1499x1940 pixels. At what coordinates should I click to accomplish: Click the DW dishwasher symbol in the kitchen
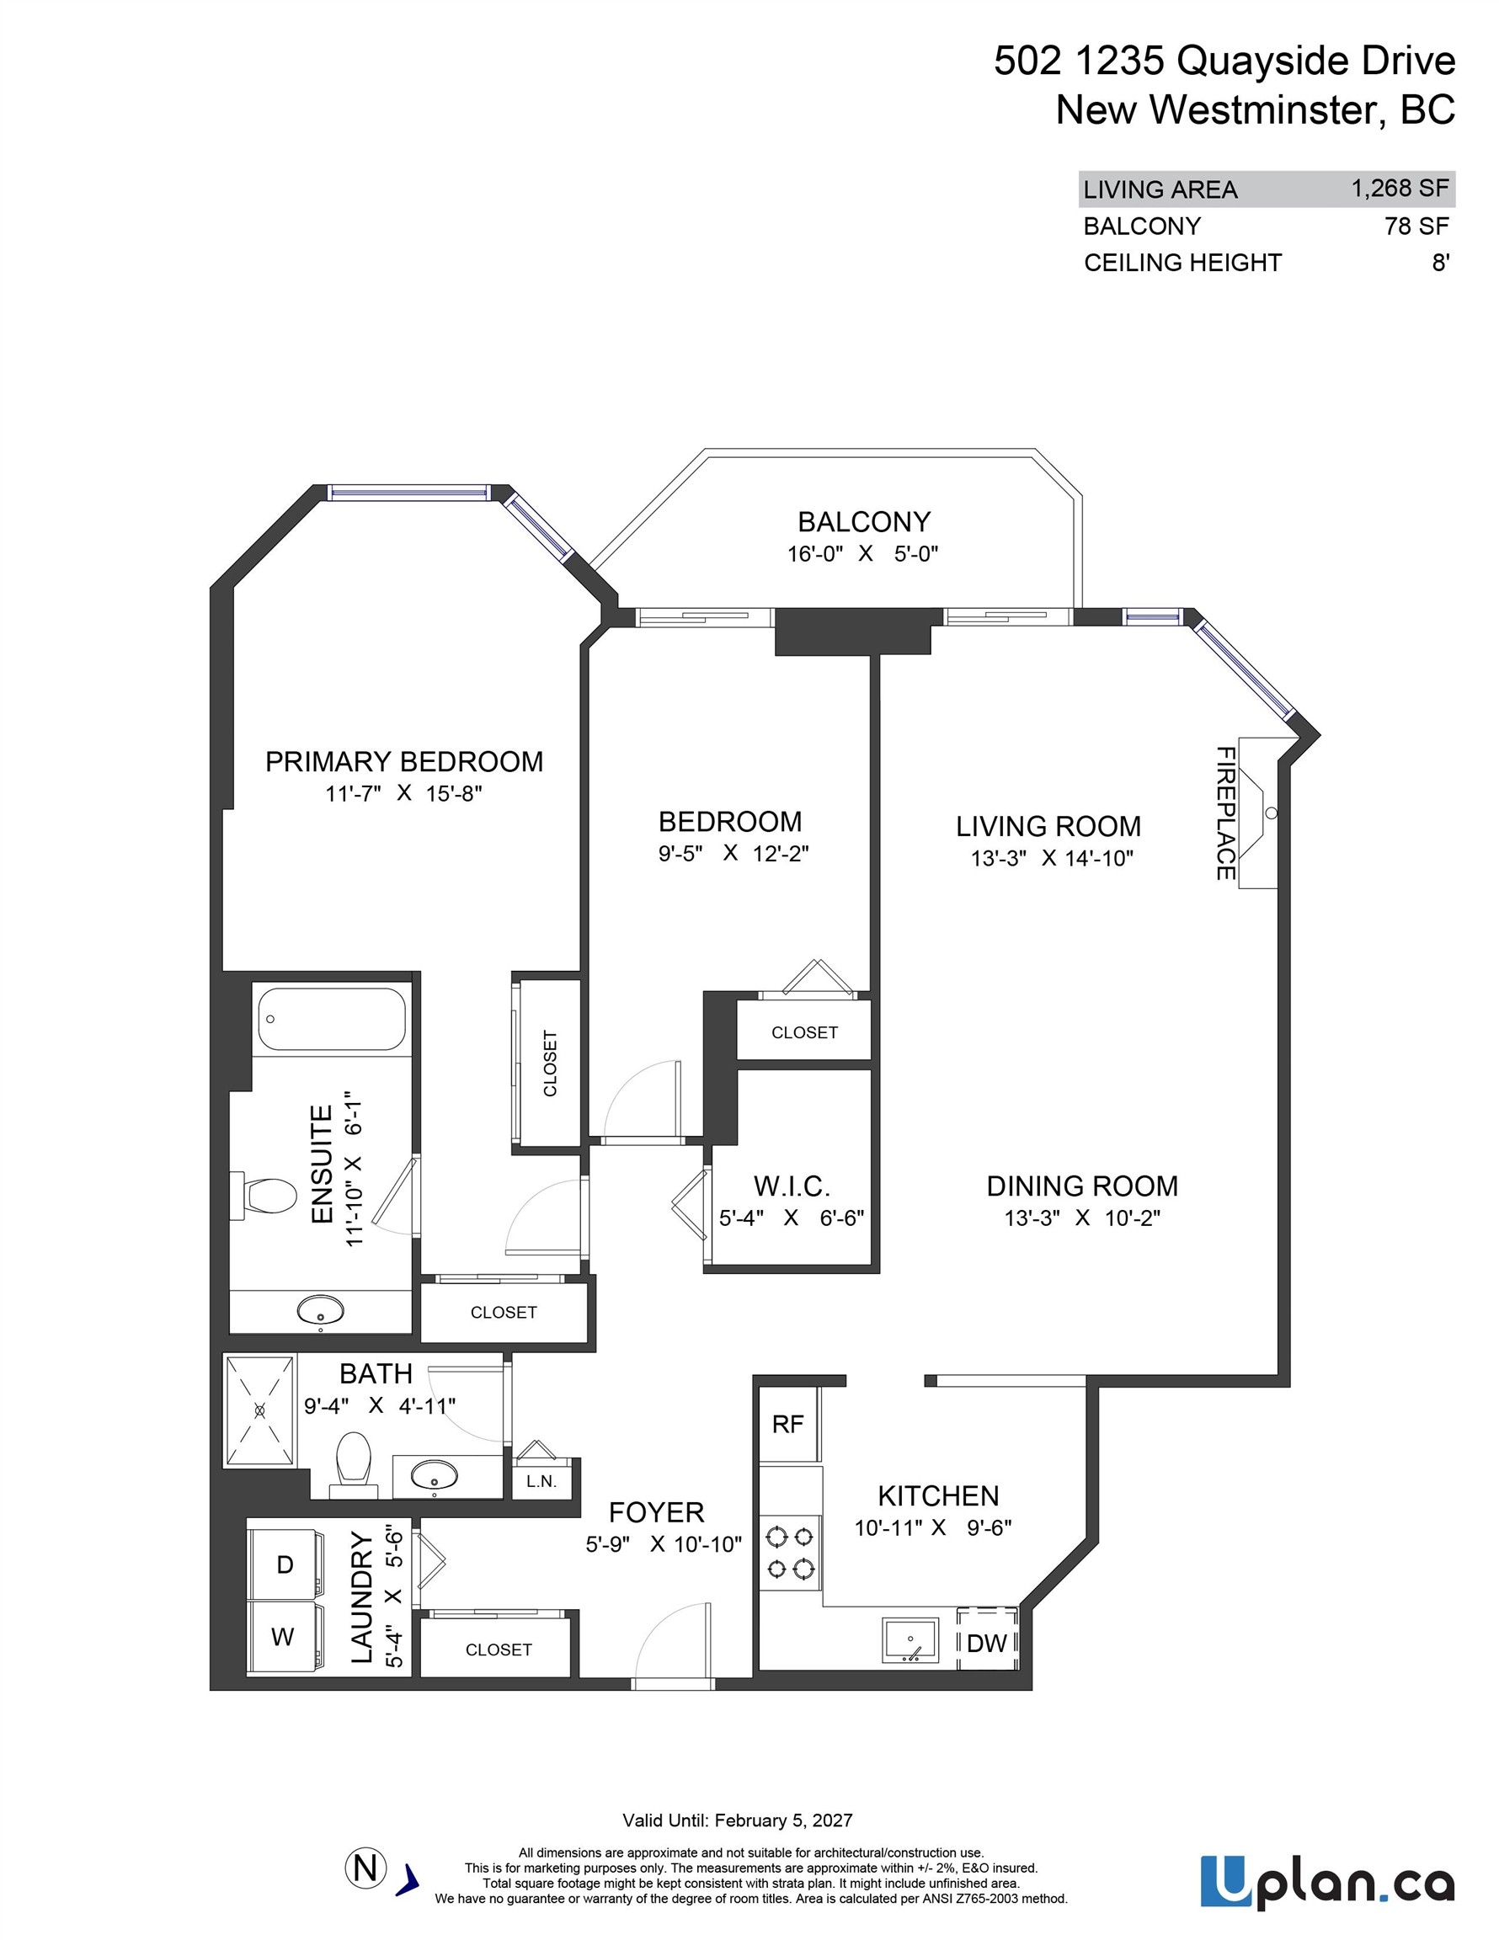(986, 1643)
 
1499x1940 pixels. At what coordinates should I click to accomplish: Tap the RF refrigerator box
(787, 1424)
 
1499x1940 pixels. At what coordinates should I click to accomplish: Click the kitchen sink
(910, 1639)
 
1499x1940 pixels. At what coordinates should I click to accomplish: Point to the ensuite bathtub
(333, 1019)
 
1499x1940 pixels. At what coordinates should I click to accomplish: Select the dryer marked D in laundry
(285, 1564)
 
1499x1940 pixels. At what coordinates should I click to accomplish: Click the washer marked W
(283, 1636)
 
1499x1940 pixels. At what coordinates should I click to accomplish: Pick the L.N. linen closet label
(541, 1481)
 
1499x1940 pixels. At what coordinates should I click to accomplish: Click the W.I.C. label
(792, 1186)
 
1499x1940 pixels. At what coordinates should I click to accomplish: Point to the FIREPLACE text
(1225, 813)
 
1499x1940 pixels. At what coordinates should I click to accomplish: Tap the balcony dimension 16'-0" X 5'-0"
(862, 553)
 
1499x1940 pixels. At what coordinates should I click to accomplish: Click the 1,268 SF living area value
(1400, 189)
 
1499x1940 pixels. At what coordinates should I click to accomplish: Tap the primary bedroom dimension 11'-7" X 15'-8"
(403, 793)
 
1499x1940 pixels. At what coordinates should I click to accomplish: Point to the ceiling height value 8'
(1440, 263)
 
